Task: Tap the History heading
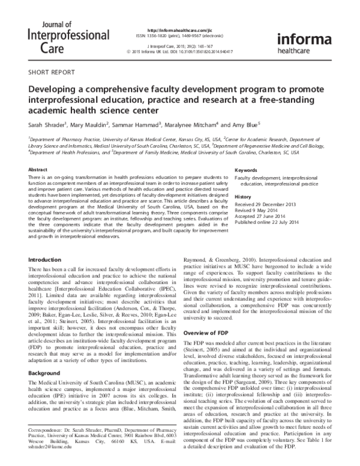pyautogui.click(x=243, y=197)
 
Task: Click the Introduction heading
pyautogui.click(x=46, y=260)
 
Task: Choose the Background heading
pyautogui.click(x=45, y=356)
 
